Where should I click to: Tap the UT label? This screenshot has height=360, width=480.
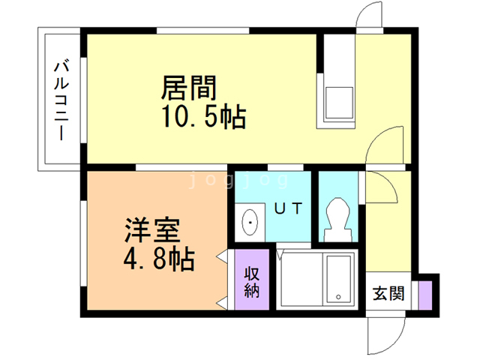(x=287, y=209)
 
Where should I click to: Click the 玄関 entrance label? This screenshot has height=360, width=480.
(x=388, y=293)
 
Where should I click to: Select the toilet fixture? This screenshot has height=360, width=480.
(x=337, y=217)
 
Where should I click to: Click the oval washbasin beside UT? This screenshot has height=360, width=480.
(x=250, y=222)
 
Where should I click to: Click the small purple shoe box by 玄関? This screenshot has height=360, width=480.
(x=425, y=292)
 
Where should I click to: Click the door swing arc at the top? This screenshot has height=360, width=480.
(x=369, y=16)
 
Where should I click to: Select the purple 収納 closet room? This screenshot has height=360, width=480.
(x=251, y=278)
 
